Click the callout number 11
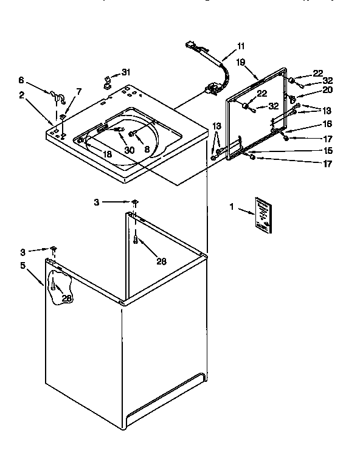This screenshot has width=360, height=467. [x=241, y=46]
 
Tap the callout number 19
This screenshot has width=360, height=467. [x=240, y=62]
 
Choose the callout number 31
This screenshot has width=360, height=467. [x=126, y=71]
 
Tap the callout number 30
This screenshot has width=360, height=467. [x=128, y=150]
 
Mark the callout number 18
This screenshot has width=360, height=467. [x=107, y=155]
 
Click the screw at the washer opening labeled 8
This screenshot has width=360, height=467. [x=131, y=133]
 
